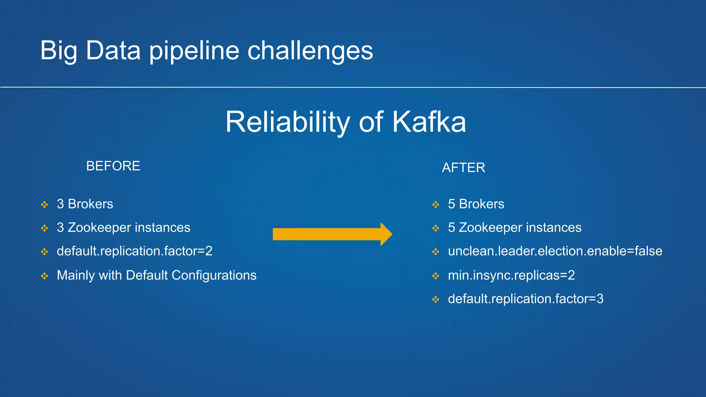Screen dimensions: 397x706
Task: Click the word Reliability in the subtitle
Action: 287,122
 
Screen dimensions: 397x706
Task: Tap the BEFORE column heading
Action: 113,166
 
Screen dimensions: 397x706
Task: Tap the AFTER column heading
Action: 463,168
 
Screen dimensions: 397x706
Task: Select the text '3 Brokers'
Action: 85,204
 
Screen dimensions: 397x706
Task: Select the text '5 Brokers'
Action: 476,204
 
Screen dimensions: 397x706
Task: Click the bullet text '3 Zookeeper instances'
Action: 123,227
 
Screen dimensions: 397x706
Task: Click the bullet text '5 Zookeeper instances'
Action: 514,227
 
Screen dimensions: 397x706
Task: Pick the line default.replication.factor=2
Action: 134,251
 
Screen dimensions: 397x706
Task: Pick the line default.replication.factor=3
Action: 525,299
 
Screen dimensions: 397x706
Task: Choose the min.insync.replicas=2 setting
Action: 511,275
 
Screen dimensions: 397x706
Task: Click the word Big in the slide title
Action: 58,51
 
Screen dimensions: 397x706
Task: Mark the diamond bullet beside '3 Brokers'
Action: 44,205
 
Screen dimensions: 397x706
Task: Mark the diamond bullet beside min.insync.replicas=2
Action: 436,276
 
